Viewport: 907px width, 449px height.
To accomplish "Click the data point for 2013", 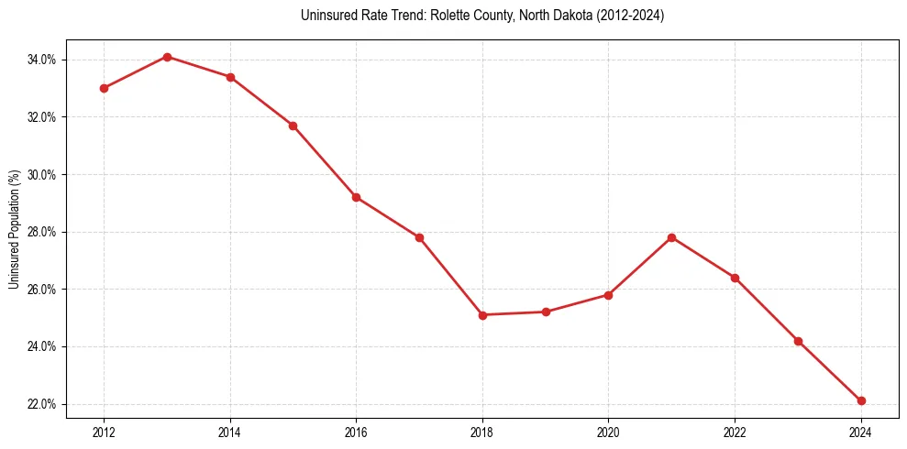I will tap(167, 57).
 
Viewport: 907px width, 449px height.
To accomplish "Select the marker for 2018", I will tap(482, 315).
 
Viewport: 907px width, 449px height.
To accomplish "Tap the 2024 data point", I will tap(861, 400).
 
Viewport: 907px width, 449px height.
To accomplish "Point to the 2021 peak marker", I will tap(671, 237).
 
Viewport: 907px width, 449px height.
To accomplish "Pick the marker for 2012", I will tap(104, 88).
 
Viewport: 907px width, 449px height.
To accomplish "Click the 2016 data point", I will tap(356, 197).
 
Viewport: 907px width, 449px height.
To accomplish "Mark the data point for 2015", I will tap(293, 126).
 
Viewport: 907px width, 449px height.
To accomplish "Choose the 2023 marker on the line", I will tap(798, 341).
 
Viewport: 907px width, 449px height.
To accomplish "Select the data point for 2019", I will tap(546, 312).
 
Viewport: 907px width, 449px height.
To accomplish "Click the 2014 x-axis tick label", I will tap(230, 433).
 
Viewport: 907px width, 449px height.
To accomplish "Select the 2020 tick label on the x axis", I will tap(608, 433).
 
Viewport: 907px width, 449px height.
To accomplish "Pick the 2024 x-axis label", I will tap(861, 433).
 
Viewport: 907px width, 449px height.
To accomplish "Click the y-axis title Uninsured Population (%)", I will tap(14, 229).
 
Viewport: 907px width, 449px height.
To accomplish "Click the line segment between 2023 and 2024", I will tap(830, 371).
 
